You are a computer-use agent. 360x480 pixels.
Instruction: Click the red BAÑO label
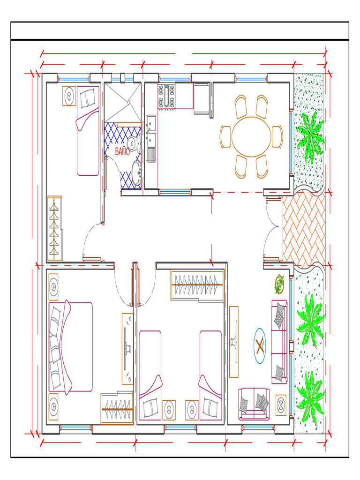click(122, 151)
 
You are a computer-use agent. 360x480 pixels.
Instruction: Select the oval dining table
click(251, 136)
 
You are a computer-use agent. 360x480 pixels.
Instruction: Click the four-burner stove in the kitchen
click(166, 96)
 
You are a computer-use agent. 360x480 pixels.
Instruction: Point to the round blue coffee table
click(260, 346)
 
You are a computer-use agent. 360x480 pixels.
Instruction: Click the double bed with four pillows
click(71, 347)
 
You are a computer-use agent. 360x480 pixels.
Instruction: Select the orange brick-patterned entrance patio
click(304, 229)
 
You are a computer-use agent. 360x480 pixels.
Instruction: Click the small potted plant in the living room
click(279, 284)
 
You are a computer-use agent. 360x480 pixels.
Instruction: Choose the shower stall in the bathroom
click(123, 102)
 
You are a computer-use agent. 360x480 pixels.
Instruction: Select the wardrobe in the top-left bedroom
click(54, 228)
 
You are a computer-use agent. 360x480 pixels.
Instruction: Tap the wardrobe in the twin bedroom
click(197, 285)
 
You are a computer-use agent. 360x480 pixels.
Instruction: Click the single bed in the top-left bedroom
click(88, 131)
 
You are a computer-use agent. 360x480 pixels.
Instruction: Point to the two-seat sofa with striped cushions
click(254, 404)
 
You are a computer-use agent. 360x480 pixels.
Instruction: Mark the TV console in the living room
click(234, 342)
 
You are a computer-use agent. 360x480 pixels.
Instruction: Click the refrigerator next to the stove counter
click(202, 98)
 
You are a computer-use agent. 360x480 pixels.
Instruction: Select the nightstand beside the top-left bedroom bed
click(69, 96)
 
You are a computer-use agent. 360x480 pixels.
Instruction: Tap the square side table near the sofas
click(281, 405)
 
